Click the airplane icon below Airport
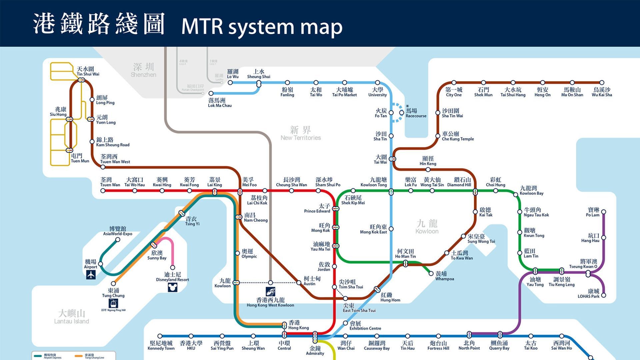tap(91, 275)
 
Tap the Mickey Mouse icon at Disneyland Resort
tap(172, 287)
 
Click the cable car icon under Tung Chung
tap(113, 303)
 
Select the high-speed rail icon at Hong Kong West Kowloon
tap(270, 292)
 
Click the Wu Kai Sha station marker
tap(602, 83)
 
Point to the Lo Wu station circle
tap(230, 83)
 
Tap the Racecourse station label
tap(415, 113)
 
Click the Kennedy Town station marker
tap(160, 336)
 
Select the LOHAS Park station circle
tap(603, 295)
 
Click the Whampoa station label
tap(444, 276)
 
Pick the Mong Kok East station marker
tap(391, 229)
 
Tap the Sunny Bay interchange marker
tap(154, 245)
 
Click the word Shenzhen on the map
tap(143, 75)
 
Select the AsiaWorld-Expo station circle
tap(118, 239)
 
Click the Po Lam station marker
tap(603, 212)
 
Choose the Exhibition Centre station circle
tap(346, 323)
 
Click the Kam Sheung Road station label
tap(112, 142)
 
